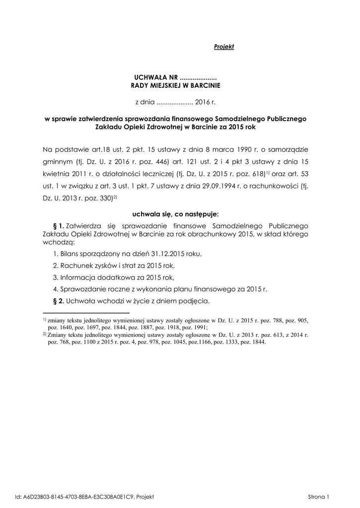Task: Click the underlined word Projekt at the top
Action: coord(223,47)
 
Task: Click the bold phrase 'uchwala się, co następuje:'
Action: coord(176,214)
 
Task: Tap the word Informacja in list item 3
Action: coord(77,277)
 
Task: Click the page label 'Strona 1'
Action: coord(319,496)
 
